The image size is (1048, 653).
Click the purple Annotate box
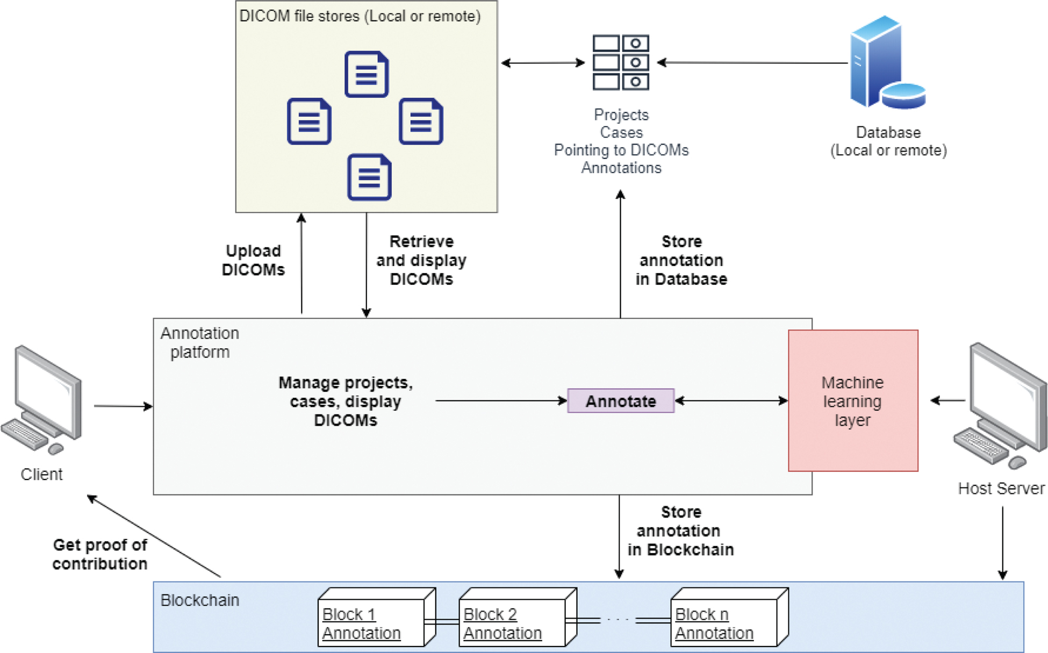(621, 401)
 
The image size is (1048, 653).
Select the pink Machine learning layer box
(853, 401)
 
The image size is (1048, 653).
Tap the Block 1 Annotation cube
(376, 618)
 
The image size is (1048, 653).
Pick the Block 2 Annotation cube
(518, 618)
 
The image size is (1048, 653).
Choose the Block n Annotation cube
(729, 618)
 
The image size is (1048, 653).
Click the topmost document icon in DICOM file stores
(367, 74)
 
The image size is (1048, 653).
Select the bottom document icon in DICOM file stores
(369, 177)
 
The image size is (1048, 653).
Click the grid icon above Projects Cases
(621, 62)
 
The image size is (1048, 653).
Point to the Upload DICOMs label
(253, 260)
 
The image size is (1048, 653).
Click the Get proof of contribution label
(100, 554)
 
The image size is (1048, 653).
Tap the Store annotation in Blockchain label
(680, 531)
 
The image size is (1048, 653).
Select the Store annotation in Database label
(681, 261)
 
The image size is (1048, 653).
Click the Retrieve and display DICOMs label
(421, 261)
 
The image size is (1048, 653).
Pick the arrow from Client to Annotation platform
(123, 406)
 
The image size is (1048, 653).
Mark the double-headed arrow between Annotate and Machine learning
(731, 401)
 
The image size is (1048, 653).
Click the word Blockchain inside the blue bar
(199, 600)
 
